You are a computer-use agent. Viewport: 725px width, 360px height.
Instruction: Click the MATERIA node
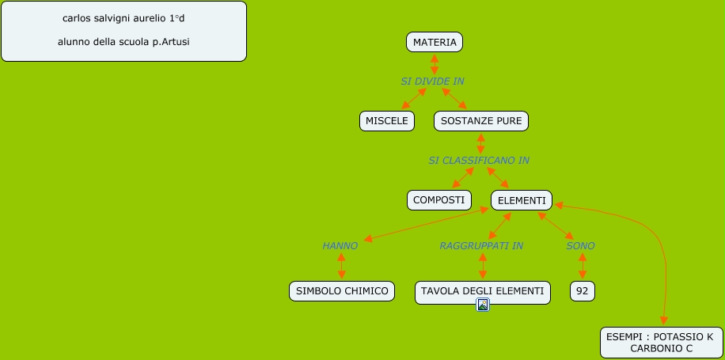[435, 42]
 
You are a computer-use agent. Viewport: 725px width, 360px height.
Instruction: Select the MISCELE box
[387, 121]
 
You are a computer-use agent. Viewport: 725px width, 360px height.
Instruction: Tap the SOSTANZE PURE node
[480, 121]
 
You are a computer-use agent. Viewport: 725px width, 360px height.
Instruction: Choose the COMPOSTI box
[438, 200]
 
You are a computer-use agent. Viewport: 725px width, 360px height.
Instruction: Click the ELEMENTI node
[522, 200]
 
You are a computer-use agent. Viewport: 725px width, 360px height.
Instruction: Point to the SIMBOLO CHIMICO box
[342, 291]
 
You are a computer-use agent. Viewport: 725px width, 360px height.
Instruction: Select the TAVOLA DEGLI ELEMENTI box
[482, 291]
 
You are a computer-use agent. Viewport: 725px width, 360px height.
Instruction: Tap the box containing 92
[583, 291]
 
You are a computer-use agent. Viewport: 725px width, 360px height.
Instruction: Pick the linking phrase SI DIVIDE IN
[432, 81]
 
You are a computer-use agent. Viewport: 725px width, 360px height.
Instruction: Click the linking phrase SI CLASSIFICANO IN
[479, 161]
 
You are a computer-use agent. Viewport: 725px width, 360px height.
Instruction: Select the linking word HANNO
[340, 246]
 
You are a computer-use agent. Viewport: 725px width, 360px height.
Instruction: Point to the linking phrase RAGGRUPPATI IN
[481, 246]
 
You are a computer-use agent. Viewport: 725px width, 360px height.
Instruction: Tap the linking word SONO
[580, 246]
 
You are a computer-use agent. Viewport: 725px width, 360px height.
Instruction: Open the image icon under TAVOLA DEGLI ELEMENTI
[483, 305]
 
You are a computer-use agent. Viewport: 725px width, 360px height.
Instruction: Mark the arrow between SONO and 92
[583, 267]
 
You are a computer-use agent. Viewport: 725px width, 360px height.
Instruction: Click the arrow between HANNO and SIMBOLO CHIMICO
[341, 267]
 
